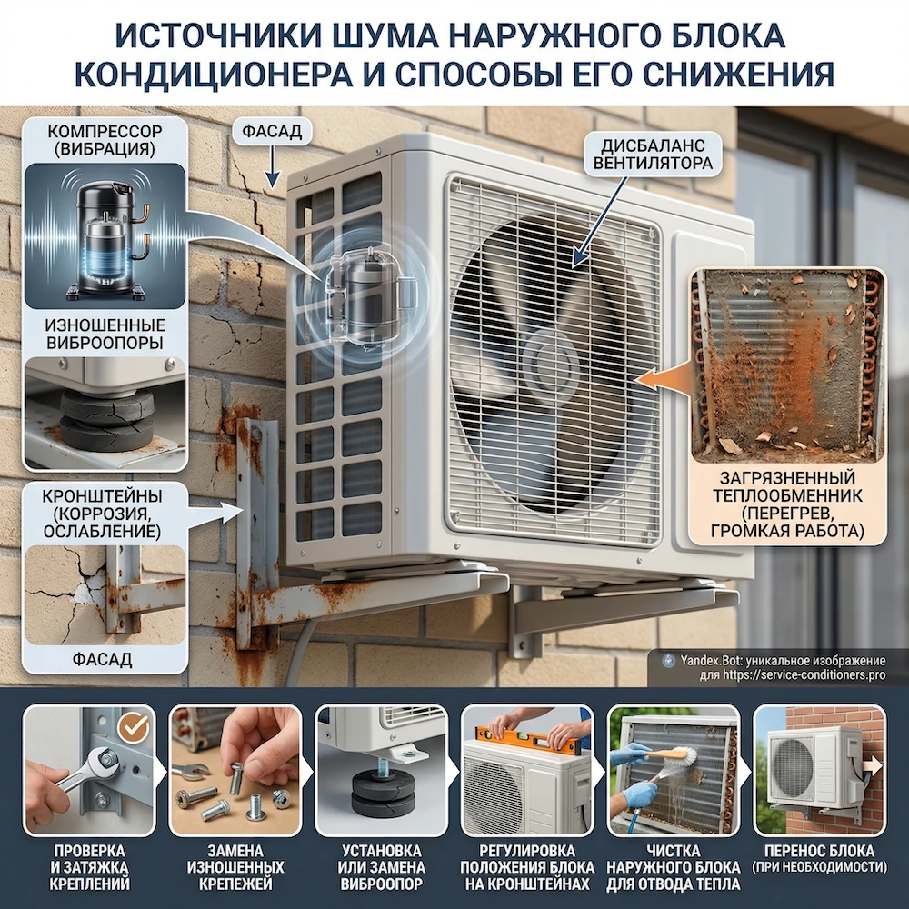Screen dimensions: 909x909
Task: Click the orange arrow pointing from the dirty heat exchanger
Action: [664, 375]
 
